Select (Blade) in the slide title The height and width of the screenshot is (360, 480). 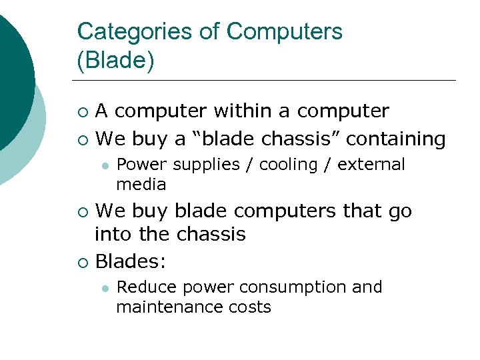click(115, 61)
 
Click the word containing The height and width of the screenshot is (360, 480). click(396, 139)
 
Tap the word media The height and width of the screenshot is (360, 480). click(141, 184)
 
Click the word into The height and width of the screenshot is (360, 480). click(116, 235)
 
